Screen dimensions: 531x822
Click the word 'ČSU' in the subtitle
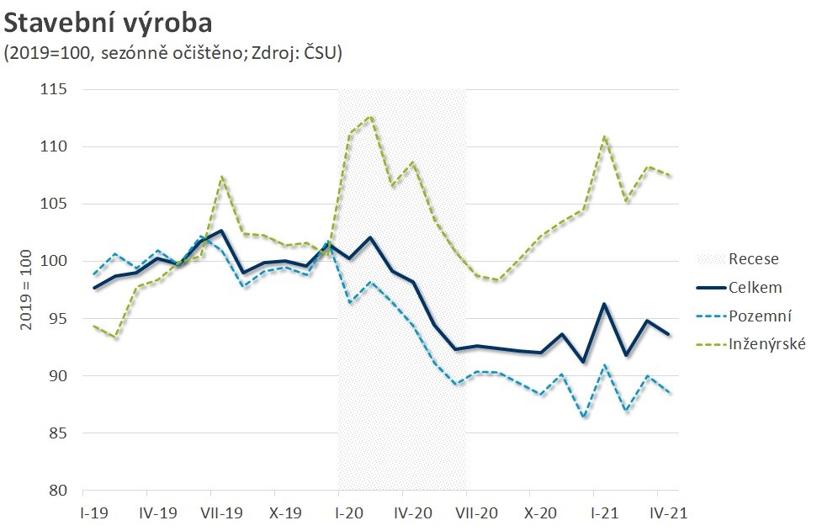click(x=319, y=52)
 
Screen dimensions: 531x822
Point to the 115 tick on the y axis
click(x=56, y=89)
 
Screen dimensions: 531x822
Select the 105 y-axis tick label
click(x=56, y=204)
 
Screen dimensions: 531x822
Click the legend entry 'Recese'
click(x=754, y=258)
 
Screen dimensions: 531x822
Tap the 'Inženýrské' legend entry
click(x=767, y=344)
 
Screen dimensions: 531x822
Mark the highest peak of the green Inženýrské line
click(x=371, y=116)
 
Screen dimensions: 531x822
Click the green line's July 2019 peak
click(x=221, y=177)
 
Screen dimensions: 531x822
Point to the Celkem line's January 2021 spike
click(x=604, y=304)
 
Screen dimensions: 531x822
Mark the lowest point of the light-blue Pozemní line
click(x=583, y=417)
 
